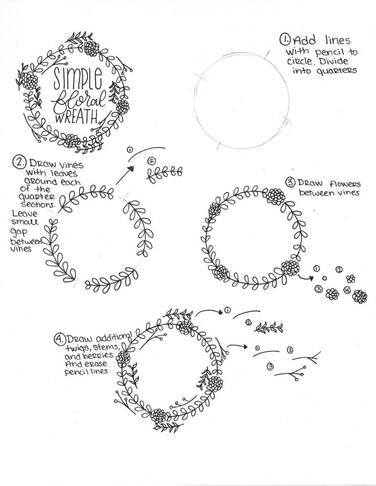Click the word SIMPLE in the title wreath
(x=78, y=78)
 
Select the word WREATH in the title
(x=76, y=118)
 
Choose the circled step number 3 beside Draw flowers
(x=291, y=183)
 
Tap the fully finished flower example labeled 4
(x=360, y=296)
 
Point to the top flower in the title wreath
(x=92, y=49)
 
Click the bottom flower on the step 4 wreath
(x=158, y=415)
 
